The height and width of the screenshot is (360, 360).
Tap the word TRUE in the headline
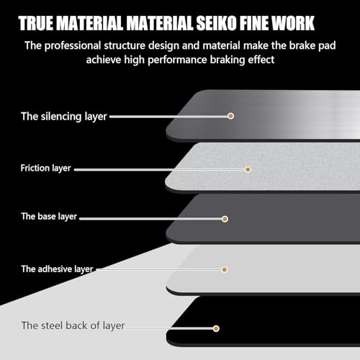click(36, 23)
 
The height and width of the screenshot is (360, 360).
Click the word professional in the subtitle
click(73, 46)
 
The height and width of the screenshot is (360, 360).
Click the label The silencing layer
click(64, 117)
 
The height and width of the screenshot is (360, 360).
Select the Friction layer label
click(45, 168)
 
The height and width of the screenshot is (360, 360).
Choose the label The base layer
click(49, 217)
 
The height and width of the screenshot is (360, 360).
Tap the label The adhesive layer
click(57, 269)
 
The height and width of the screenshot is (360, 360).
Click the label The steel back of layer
click(73, 325)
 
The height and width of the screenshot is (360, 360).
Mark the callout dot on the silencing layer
click(230, 116)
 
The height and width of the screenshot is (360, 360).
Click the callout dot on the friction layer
click(248, 170)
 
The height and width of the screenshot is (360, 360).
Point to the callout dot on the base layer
click(225, 219)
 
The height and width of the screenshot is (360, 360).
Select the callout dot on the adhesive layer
click(225, 269)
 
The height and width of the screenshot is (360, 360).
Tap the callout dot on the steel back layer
click(216, 328)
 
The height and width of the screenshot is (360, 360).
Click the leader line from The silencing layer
click(168, 117)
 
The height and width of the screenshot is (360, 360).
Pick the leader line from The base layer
click(150, 219)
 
